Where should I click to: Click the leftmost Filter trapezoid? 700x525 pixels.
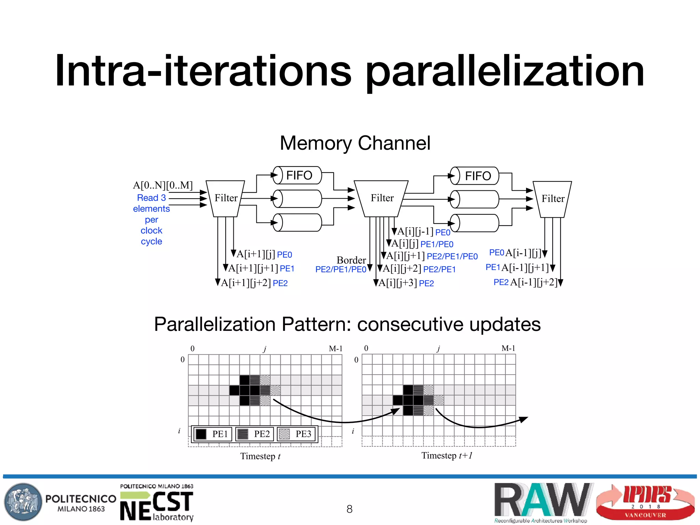(226, 198)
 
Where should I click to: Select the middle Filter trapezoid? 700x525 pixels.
(381, 198)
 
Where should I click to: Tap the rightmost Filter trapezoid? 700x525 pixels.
(552, 199)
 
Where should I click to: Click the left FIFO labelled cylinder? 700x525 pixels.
(297, 175)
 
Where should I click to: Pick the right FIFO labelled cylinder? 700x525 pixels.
(475, 176)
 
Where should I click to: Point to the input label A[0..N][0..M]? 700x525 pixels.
(163, 185)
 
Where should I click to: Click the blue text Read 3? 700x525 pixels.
(151, 198)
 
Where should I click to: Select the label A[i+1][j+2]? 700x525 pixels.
(246, 283)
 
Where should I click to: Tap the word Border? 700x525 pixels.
(351, 260)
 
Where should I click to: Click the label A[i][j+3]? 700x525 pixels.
(398, 283)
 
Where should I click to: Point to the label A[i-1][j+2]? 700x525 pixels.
(534, 282)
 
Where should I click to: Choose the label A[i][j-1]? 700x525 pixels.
(415, 231)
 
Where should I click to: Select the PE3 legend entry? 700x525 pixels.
(296, 434)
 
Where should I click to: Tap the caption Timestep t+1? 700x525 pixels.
(447, 456)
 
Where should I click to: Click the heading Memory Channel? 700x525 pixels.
(355, 143)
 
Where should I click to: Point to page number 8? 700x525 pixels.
(349, 509)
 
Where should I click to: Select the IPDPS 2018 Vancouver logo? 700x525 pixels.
(645, 502)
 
